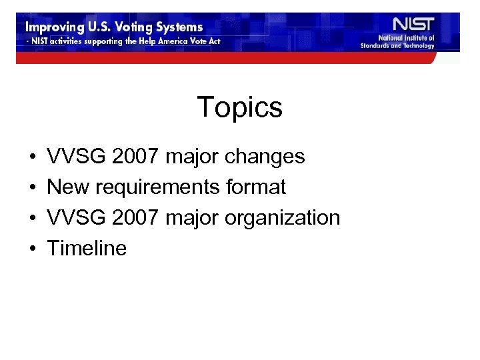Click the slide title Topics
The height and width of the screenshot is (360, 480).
point(240,107)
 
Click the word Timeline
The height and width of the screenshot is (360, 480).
point(87,249)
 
